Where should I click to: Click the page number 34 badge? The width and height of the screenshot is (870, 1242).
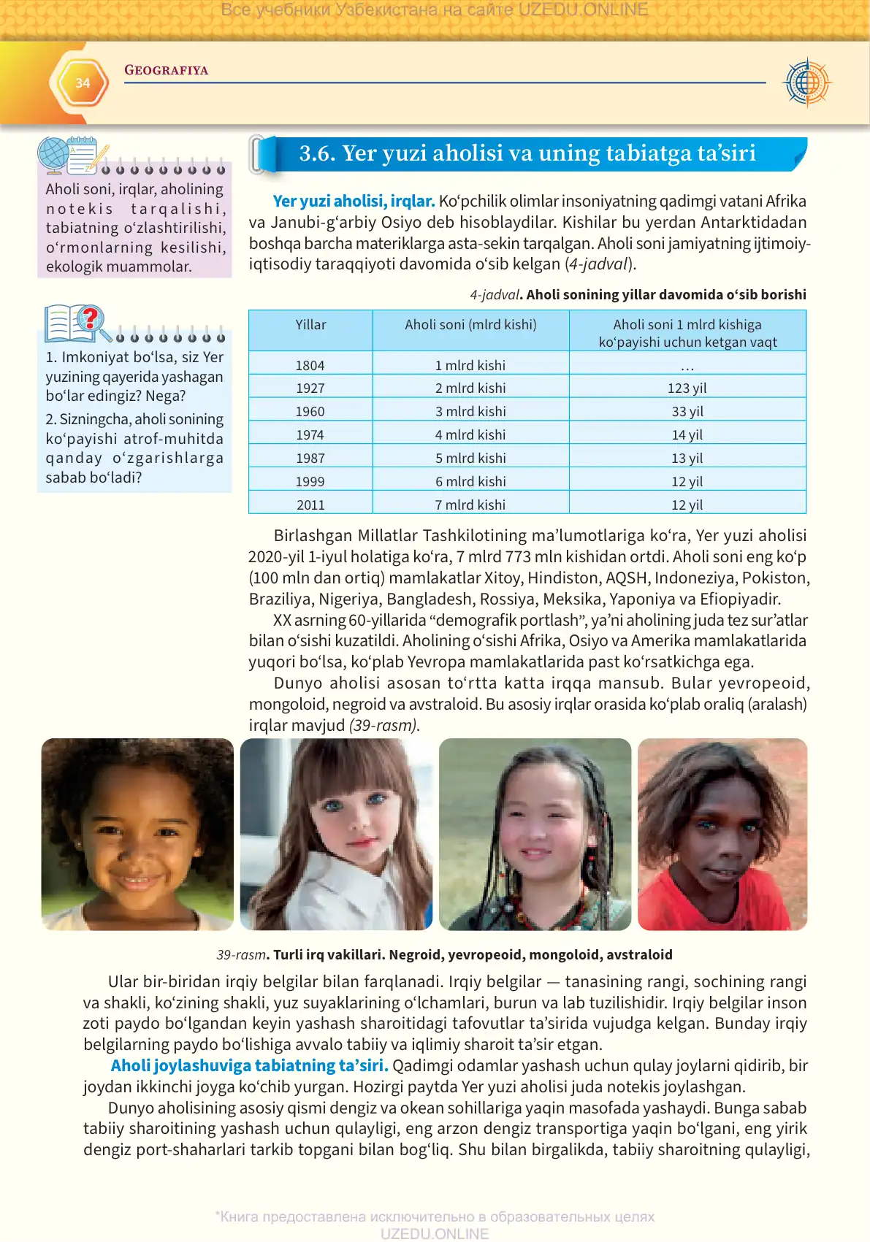pos(83,83)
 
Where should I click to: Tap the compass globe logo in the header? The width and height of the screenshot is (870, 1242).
pos(806,83)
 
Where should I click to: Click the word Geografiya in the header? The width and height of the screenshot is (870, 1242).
pos(166,70)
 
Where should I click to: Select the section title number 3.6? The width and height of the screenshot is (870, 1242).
pos(316,153)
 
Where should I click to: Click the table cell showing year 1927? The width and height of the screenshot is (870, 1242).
pos(310,388)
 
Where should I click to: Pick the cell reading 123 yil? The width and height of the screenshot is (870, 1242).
pos(687,388)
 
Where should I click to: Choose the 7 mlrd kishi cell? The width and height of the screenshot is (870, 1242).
pos(470,505)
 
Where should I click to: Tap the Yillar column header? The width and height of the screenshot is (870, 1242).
pos(310,325)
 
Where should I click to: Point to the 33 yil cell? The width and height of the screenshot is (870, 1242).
pos(687,411)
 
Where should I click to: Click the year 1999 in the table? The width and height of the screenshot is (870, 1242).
pos(310,481)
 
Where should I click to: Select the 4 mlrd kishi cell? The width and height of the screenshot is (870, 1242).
pos(470,434)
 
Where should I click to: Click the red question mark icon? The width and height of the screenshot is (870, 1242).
pos(90,318)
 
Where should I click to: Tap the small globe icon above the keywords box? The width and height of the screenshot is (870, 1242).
pos(53,155)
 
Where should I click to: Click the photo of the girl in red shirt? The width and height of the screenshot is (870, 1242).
pos(722,834)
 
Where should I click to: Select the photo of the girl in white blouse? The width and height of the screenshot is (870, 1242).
pos(336,834)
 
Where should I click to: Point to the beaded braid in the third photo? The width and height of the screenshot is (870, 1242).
pos(606,840)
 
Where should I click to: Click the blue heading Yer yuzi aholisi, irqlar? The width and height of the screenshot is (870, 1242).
pos(354,201)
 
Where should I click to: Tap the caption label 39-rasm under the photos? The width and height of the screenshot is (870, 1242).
pos(241,954)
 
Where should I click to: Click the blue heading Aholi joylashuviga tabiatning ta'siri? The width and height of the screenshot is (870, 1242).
pos(249,1065)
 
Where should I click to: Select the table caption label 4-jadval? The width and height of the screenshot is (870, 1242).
pos(494,295)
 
